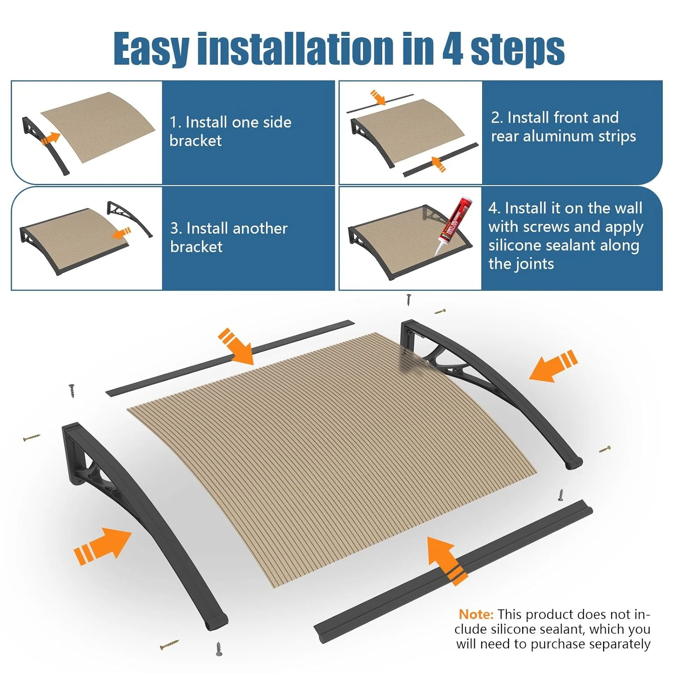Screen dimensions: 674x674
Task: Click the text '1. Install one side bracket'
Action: click(230, 131)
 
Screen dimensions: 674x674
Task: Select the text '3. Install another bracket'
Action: click(229, 237)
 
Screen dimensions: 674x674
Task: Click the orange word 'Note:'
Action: click(476, 614)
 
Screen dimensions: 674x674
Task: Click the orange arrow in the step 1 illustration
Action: click(50, 138)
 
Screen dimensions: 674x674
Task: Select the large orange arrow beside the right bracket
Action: click(553, 366)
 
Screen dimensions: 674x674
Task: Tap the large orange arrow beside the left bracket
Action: click(102, 545)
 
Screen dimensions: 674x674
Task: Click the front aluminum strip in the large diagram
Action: click(453, 572)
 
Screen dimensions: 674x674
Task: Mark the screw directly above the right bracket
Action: click(408, 300)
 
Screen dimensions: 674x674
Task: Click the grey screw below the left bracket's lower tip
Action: click(219, 649)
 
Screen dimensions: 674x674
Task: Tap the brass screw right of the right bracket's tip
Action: click(605, 449)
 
